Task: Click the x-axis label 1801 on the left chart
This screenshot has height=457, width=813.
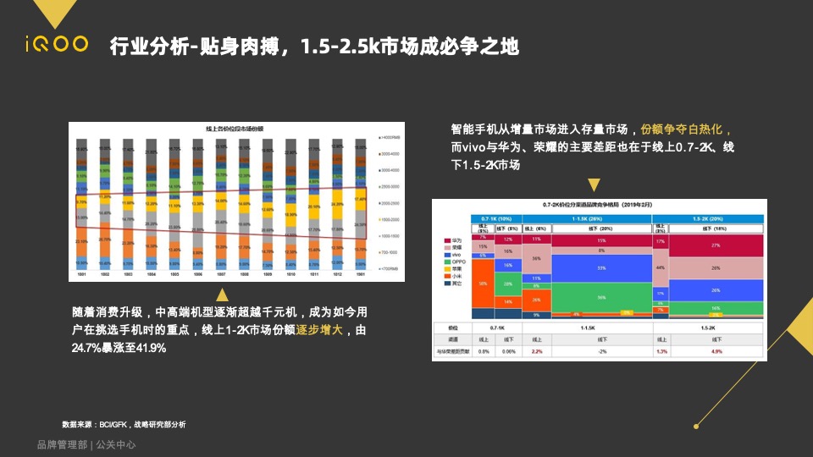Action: pos(82,275)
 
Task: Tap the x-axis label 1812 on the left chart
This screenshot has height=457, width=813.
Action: pos(337,275)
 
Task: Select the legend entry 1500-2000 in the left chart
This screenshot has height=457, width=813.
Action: pos(392,218)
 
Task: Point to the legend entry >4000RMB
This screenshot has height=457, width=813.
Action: pos(392,138)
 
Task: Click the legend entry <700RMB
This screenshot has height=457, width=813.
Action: pos(390,267)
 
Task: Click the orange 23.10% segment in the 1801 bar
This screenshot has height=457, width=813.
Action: pos(82,241)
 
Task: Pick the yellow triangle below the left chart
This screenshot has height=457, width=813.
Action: pos(223,295)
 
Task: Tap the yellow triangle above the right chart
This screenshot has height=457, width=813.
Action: pos(594,185)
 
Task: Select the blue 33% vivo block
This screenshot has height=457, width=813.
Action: pos(600,267)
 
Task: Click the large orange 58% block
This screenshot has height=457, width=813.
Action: pos(483,284)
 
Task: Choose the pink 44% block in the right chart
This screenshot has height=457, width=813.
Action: pos(660,267)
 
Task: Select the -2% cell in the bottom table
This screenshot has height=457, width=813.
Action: pos(600,350)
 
